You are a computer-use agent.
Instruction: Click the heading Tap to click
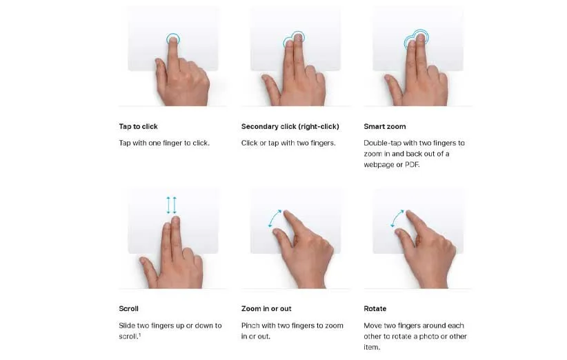pyautogui.click(x=138, y=126)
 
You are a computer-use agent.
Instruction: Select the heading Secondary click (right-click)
pyautogui.click(x=290, y=126)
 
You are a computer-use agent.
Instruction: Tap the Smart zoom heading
pyautogui.click(x=385, y=126)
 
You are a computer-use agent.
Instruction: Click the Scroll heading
pyautogui.click(x=128, y=309)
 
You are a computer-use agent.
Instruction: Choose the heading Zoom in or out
pyautogui.click(x=266, y=309)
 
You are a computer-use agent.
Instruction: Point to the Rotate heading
pyautogui.click(x=375, y=309)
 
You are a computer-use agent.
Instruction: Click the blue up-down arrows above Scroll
pyautogui.click(x=171, y=206)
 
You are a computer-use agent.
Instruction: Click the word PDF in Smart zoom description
pyautogui.click(x=412, y=165)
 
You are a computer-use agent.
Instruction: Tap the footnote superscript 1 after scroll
pyautogui.click(x=139, y=334)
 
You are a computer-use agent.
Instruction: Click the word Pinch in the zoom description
pyautogui.click(x=250, y=326)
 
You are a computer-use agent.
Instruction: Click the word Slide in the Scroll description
pyautogui.click(x=127, y=326)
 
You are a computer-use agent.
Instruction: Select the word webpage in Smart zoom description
pyautogui.click(x=379, y=165)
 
